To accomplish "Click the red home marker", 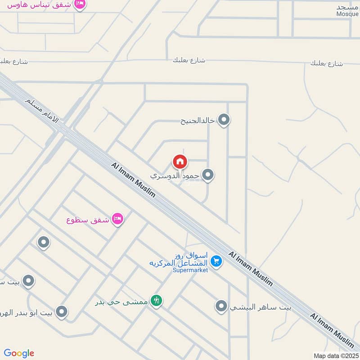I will (x=180, y=161).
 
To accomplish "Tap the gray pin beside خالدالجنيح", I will (x=224, y=120).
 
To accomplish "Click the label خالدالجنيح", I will (x=198, y=121).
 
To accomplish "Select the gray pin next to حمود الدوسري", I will (x=207, y=175).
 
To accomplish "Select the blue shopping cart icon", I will (x=216, y=261).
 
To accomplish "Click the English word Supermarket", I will (x=190, y=270).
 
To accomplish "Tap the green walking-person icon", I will (x=156, y=300).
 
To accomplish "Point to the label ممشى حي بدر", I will (x=121, y=301).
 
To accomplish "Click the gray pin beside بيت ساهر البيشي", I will (x=221, y=306).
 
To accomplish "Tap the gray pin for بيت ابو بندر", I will (x=62, y=311).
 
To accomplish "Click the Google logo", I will (x=19, y=353).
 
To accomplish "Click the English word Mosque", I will (x=347, y=14).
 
